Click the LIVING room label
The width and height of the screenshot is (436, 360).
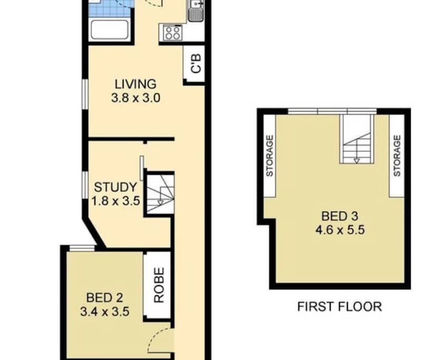pyautogui.click(x=136, y=84)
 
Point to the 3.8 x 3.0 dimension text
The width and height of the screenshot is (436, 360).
pyautogui.click(x=136, y=97)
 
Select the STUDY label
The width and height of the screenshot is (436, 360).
pyautogui.click(x=115, y=187)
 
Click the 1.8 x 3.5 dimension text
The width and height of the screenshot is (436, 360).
pyautogui.click(x=115, y=201)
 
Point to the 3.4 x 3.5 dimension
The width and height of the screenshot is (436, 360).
pyautogui.click(x=104, y=312)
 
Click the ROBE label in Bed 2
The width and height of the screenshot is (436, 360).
pyautogui.click(x=158, y=285)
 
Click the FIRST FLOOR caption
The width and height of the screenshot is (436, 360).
pyautogui.click(x=339, y=306)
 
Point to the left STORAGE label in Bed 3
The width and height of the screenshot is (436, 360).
pyautogui.click(x=269, y=155)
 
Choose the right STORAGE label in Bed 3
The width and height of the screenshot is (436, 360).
pyautogui.click(x=397, y=155)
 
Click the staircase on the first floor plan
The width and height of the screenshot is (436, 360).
pyautogui.click(x=356, y=139)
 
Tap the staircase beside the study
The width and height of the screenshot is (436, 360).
pyautogui.click(x=159, y=193)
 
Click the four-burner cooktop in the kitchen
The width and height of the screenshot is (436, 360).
pyautogui.click(x=172, y=33)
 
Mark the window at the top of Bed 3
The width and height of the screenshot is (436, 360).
pyautogui.click(x=332, y=111)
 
